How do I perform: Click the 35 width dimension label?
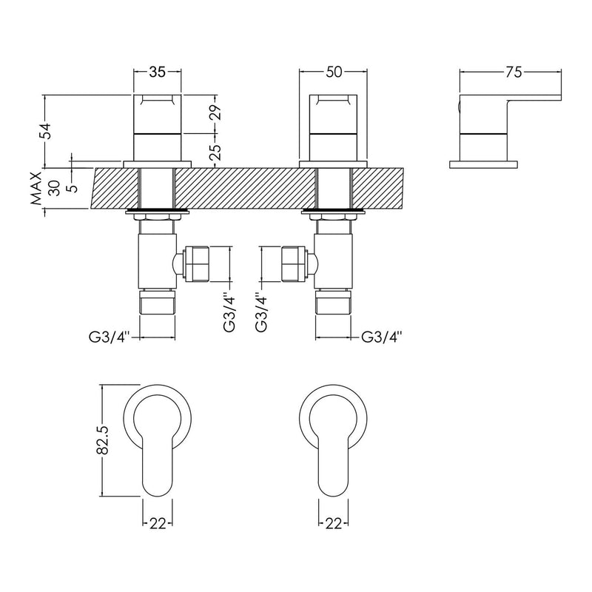157,72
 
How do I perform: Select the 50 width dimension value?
333,72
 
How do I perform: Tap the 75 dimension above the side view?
513,72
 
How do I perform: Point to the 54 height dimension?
46,131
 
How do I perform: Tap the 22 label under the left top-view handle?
157,524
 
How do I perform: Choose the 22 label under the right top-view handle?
333,524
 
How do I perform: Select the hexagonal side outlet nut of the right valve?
292,264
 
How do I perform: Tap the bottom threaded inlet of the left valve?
157,303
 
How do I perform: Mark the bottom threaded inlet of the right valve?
333,303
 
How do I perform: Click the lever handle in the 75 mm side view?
511,107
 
